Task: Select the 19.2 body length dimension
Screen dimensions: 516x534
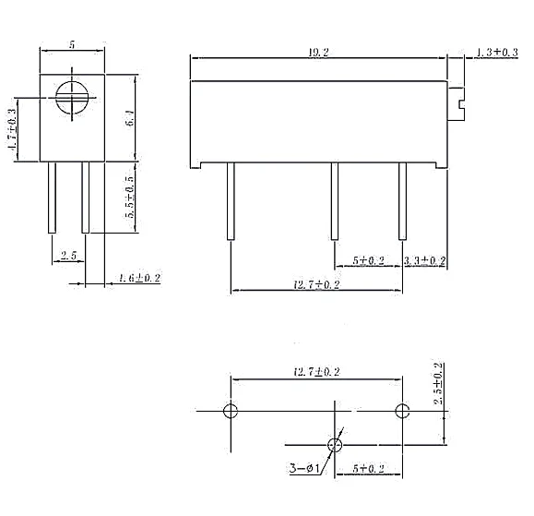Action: click(x=316, y=53)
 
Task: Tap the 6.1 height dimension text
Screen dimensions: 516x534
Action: click(x=130, y=119)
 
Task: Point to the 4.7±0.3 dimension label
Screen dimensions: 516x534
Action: click(x=13, y=130)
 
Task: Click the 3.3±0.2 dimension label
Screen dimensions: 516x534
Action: click(x=425, y=261)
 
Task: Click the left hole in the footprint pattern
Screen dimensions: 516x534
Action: click(x=231, y=410)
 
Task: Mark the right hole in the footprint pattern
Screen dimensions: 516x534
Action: click(x=401, y=410)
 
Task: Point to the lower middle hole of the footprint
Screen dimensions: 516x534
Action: click(x=334, y=445)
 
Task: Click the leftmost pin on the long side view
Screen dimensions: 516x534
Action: click(x=231, y=201)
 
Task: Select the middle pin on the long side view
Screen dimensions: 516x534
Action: click(x=335, y=201)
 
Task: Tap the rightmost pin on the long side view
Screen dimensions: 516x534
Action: click(x=401, y=201)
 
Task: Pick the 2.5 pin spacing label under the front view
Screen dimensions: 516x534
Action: click(x=68, y=254)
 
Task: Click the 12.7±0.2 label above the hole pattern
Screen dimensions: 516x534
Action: click(x=316, y=372)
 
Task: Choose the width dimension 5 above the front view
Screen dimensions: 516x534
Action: click(x=71, y=44)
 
